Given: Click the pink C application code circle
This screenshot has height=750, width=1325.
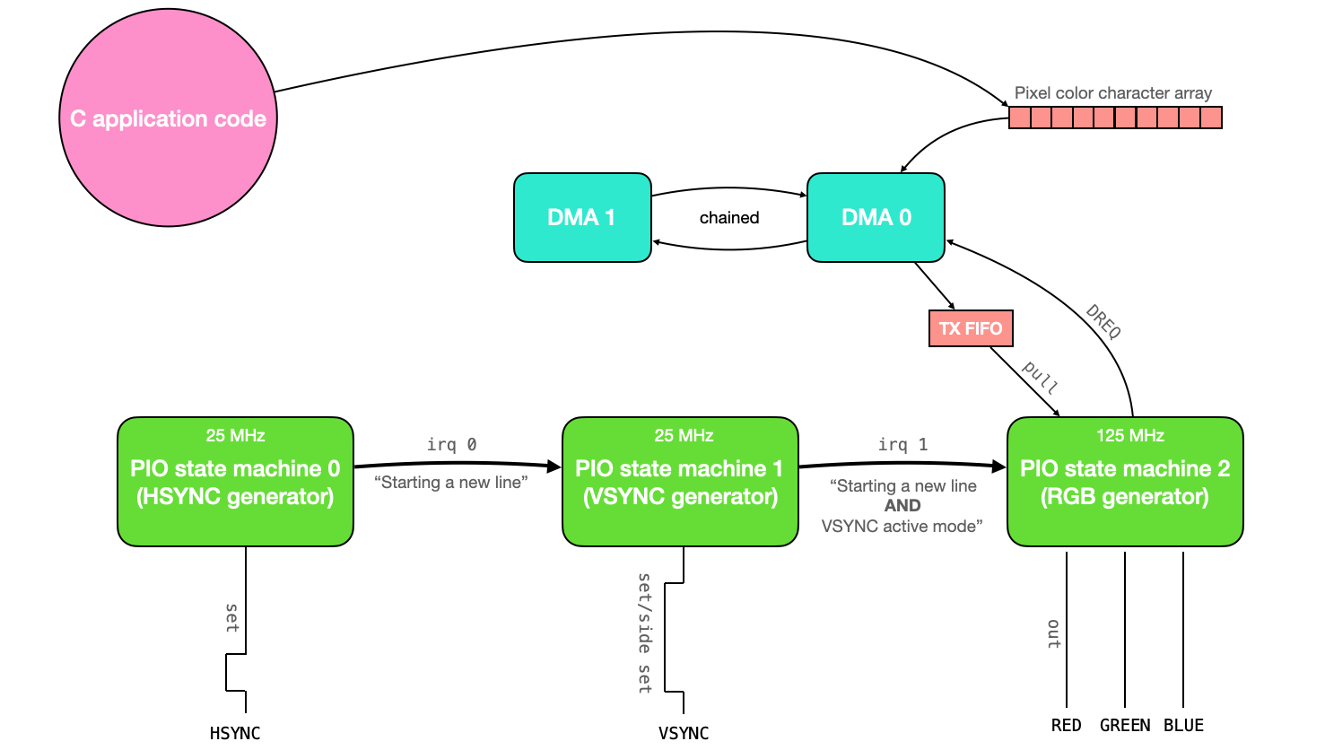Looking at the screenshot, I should [168, 118].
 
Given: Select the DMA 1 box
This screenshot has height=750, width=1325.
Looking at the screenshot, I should [582, 217].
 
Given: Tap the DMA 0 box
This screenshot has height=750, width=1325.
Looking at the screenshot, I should [876, 217].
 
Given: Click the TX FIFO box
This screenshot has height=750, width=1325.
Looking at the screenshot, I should [971, 328].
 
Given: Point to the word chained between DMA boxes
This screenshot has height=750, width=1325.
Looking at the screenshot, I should [729, 218].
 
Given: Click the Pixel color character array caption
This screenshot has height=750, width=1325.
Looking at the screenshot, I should [1112, 93].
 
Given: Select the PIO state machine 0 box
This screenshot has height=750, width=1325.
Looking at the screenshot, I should [235, 482].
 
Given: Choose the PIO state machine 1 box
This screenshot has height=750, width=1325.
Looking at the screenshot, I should [680, 482].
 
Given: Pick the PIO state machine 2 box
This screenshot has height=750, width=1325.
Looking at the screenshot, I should [1125, 482].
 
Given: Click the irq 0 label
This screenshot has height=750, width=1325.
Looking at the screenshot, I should [451, 444].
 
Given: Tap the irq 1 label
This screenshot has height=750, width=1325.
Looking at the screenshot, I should [902, 444].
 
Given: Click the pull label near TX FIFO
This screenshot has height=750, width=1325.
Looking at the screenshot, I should [1041, 378].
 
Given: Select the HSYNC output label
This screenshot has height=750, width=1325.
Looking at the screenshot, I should [235, 733].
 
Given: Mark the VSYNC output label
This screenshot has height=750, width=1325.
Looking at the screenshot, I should [684, 733].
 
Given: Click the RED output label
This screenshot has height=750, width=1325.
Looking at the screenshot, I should [1067, 725].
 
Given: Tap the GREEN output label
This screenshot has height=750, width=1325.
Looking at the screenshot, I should [1125, 725].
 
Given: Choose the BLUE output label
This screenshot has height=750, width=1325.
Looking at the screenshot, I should [1183, 725].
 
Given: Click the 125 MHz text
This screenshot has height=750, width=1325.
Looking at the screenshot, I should [1129, 436].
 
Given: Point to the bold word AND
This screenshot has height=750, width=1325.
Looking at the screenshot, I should [902, 506].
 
